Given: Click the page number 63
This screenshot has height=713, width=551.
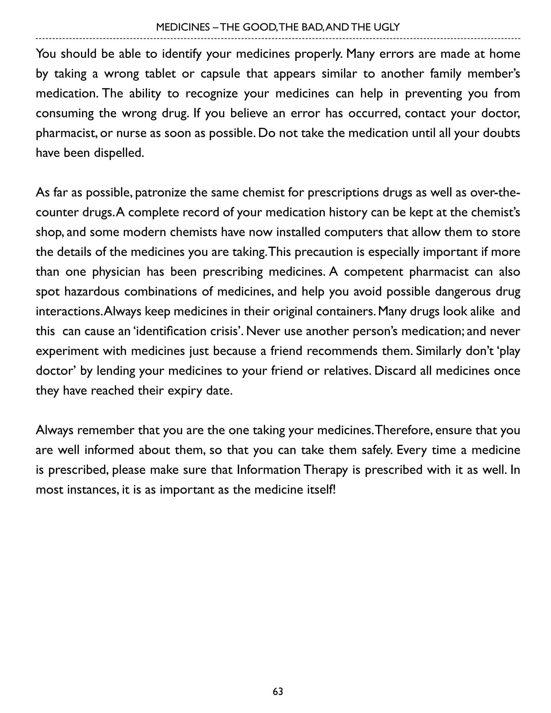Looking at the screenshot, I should pos(278,691).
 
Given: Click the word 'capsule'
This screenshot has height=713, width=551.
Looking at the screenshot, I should pos(220,74).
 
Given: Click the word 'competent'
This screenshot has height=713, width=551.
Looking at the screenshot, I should pos(374,272).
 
